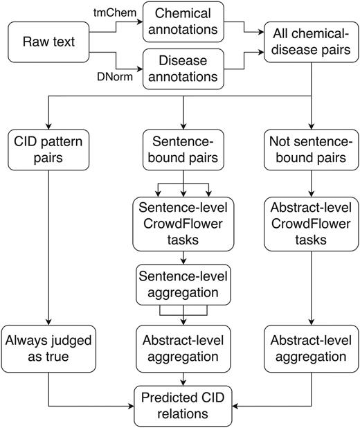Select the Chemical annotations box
point(183,21)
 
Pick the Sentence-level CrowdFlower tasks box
point(182,224)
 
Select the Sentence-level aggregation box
point(182,283)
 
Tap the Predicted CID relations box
point(183,406)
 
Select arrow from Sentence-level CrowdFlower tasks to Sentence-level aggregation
point(182,258)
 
